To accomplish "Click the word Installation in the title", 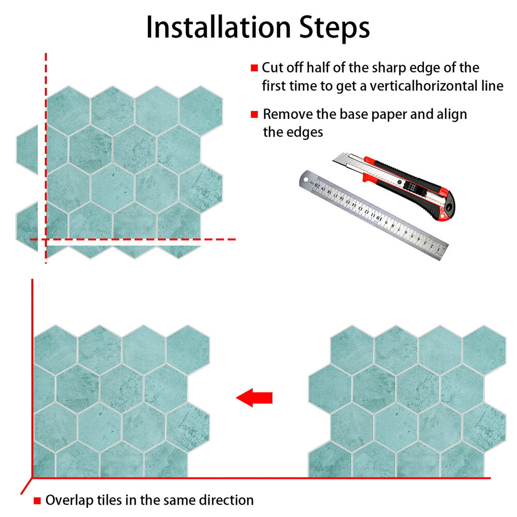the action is coord(218,28).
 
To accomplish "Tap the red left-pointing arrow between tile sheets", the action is coord(254,398).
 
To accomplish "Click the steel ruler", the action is coord(374,216).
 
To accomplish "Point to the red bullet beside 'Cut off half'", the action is coord(254,68).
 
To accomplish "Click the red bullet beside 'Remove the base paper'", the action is coord(254,114).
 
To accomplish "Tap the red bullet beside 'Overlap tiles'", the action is coord(37,500).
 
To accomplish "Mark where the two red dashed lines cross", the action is coord(46,239).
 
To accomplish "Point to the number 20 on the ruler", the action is coord(317,185).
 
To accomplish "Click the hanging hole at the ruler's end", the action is coord(306,180).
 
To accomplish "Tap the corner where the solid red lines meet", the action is coord(32,477).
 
